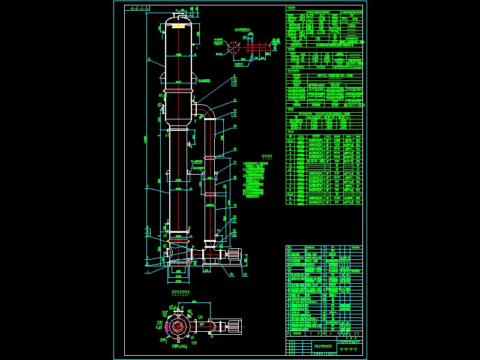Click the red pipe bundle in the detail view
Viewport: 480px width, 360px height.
(259, 47)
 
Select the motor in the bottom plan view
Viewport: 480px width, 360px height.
(230, 326)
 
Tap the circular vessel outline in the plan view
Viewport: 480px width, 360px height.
(177, 326)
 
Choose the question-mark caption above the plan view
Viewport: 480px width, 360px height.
(180, 293)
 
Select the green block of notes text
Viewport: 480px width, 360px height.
(255, 180)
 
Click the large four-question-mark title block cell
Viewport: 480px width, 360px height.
(348, 349)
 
